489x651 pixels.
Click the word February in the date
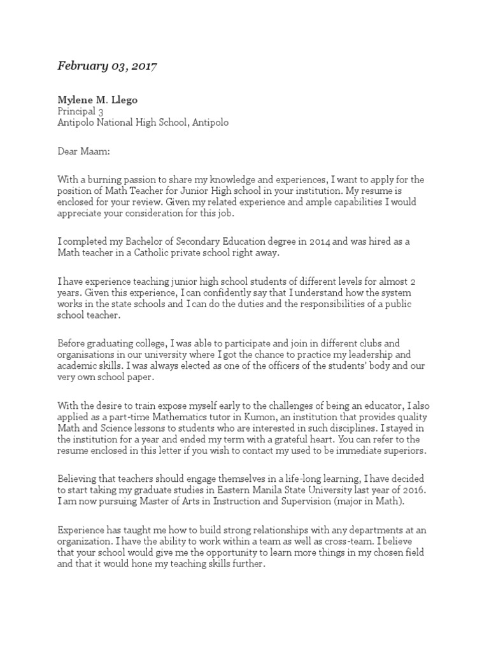(x=80, y=65)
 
